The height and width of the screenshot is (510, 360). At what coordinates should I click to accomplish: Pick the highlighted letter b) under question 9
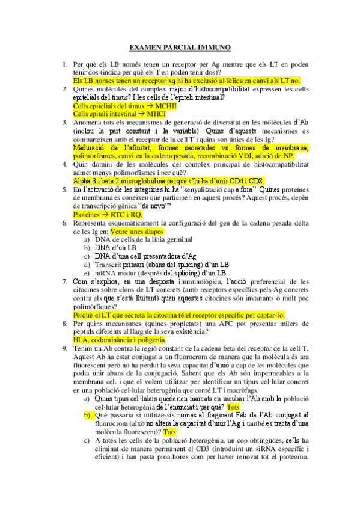[87, 415]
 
